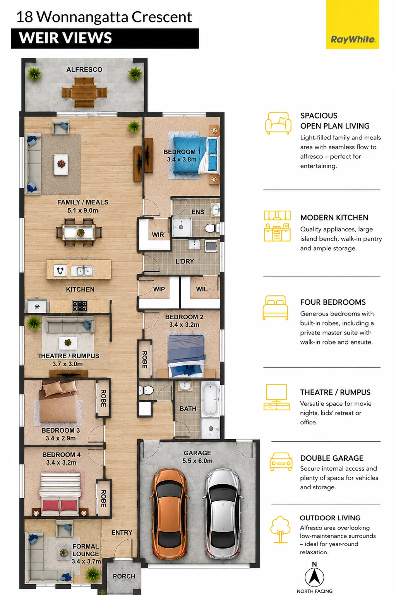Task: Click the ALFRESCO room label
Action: pos(84,70)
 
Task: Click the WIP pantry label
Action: pos(159,289)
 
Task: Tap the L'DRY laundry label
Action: pos(185,261)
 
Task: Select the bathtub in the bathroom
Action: pos(210,399)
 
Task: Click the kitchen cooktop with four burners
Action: pos(80,306)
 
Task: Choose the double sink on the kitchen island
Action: pos(82,271)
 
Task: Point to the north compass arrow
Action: pos(314,577)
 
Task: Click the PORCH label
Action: pos(124,576)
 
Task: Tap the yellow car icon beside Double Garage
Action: pos(281,461)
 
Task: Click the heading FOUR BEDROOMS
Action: pos(333,302)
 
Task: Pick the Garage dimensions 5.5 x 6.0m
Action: pos(197,461)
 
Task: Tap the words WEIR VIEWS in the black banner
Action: pos(65,38)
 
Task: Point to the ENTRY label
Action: pos(122,533)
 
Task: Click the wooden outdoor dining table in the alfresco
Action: pos(84,93)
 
